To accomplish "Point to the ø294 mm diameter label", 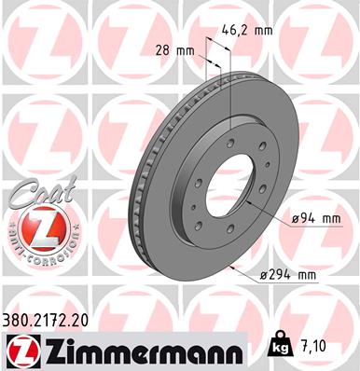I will [290, 274].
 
